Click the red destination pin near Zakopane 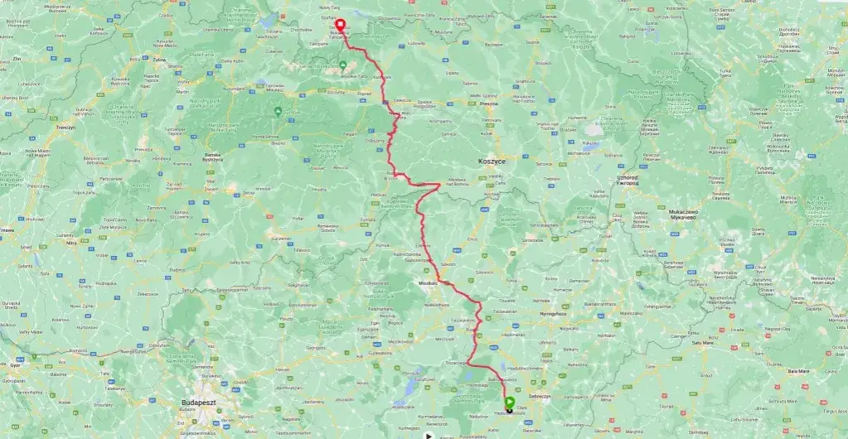pos(341,24)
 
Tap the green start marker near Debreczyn pos(509,403)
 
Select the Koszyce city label pos(492,161)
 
